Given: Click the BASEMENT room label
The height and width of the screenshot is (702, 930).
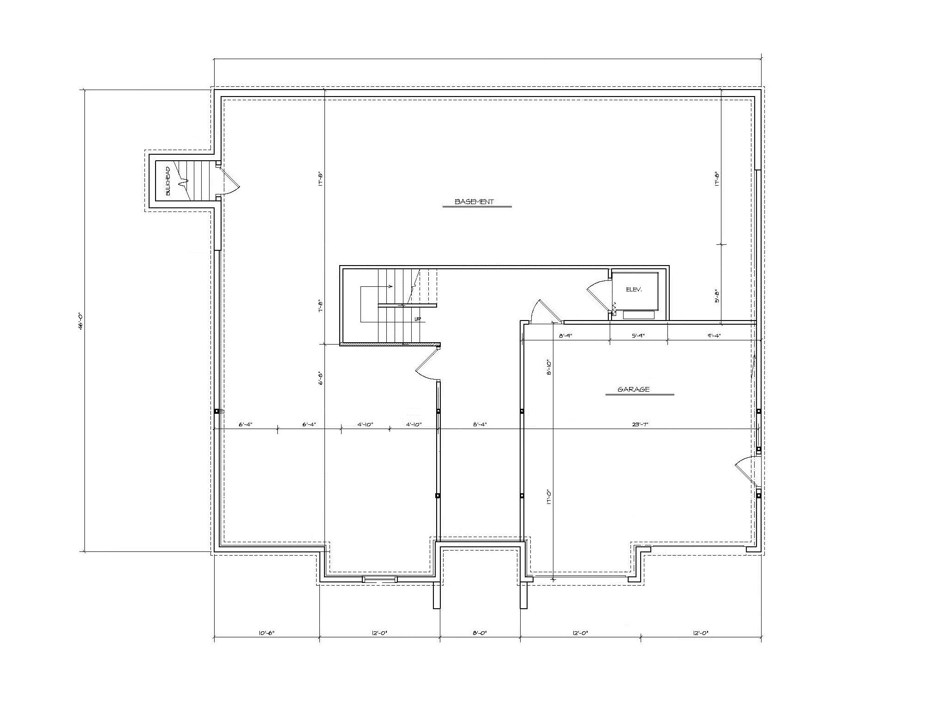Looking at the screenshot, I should click(474, 202).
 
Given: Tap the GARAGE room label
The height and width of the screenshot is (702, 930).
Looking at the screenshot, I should click(633, 389).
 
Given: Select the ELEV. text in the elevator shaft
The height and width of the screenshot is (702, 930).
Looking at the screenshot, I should click(634, 290).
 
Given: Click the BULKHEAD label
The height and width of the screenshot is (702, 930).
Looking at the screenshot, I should click(168, 181).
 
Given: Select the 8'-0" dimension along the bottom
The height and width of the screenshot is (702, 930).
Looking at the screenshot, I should click(480, 633).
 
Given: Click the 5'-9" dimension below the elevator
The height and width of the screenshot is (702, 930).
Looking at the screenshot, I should click(638, 336).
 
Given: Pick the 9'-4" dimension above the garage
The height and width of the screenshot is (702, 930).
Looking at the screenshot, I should click(714, 336).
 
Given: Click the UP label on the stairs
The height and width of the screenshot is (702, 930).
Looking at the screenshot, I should click(417, 319).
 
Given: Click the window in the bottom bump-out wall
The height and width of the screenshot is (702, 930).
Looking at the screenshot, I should click(379, 579).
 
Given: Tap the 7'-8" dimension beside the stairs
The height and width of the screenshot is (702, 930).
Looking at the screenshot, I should click(320, 306).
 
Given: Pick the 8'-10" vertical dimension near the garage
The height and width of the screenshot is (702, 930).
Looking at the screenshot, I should click(549, 368).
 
